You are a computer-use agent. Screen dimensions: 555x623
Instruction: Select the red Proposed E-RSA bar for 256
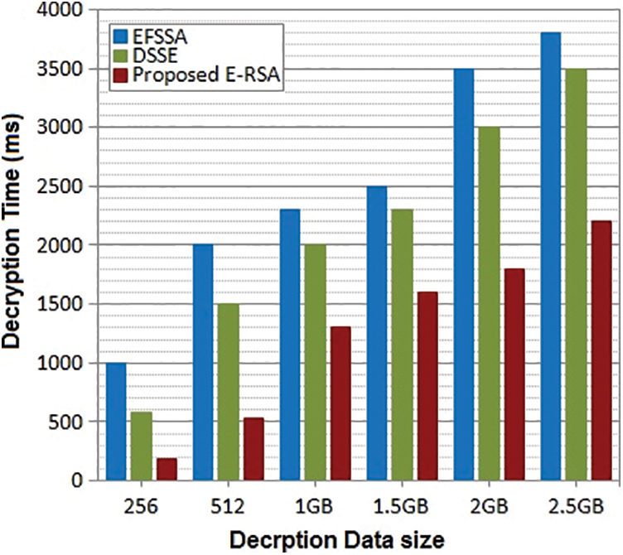pyautogui.click(x=166, y=469)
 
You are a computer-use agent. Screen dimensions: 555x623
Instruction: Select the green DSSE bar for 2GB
pyautogui.click(x=490, y=303)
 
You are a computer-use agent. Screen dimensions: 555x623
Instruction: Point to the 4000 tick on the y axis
pyautogui.click(x=65, y=10)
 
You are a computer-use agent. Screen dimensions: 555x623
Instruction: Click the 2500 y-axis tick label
pyautogui.click(x=65, y=186)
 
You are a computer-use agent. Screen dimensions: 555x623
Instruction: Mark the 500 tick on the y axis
pyautogui.click(x=69, y=422)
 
